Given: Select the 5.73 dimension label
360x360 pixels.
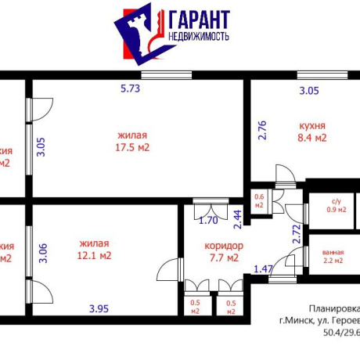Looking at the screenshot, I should (130, 88).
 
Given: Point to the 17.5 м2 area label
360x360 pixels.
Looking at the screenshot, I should (132, 146).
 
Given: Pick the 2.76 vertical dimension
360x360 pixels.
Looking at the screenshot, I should (263, 129).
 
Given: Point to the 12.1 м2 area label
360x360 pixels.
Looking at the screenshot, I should (95, 255).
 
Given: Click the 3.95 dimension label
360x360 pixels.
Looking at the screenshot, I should (99, 308).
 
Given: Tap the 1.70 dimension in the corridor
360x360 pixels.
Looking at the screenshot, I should (207, 220).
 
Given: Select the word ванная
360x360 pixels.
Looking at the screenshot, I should (333, 251).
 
